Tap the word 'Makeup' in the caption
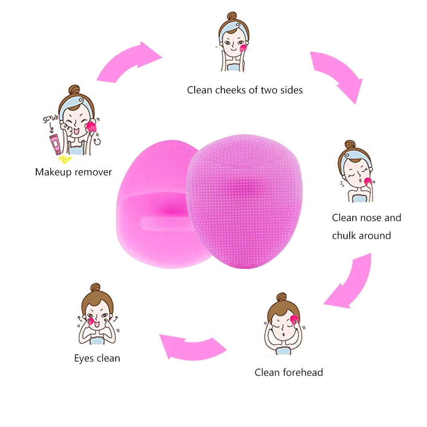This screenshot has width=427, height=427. pos(53,172)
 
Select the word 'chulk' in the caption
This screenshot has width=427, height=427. pos(346,236)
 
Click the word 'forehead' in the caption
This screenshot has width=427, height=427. pos(302,372)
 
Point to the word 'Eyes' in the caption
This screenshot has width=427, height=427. pos(84,358)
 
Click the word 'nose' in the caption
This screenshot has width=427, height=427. pos(370,218)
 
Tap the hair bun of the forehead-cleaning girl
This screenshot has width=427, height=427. pos(281,298)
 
